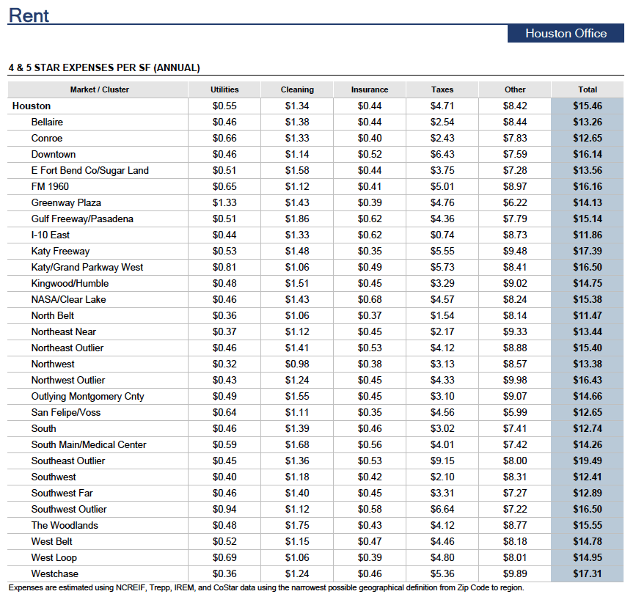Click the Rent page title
29,15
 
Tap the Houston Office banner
566,33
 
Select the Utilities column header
224,89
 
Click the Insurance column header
370,89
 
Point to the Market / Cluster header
99,89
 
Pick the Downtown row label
54,155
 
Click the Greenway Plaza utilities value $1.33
224,202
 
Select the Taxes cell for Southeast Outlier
442,461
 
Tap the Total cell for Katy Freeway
588,251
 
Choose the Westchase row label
55,573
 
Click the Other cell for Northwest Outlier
515,381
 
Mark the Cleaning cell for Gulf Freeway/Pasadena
297,219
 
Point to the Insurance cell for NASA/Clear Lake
370,300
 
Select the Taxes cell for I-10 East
442,235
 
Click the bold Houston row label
32,106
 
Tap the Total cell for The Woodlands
588,526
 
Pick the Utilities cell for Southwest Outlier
224,510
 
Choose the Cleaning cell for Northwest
297,364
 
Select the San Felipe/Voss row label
66,412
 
